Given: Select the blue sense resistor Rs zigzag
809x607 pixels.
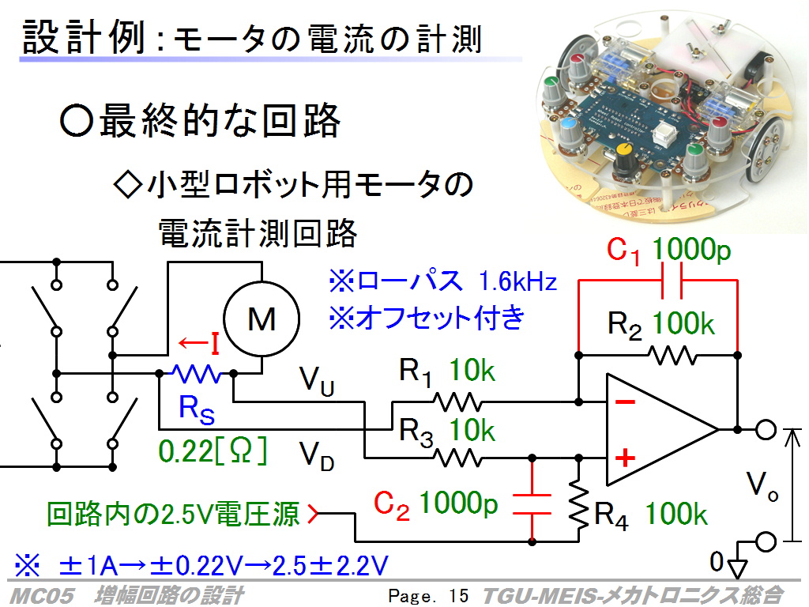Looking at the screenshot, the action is pos(196,373).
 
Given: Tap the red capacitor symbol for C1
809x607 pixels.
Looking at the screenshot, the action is pos(672,281).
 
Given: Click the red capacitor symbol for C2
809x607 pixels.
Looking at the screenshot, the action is pos(532,504).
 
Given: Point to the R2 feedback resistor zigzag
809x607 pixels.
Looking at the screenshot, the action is pos(673,355).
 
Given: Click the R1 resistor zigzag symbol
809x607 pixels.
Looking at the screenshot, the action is pos(457,402).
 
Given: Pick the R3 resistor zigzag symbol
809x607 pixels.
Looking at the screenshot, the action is pos(457,458).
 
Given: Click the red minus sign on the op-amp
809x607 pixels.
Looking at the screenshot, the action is pos(626,402).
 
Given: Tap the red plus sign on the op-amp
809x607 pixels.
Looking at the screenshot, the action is pos(626,458).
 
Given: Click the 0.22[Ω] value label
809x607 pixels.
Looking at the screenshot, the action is pos(213,451).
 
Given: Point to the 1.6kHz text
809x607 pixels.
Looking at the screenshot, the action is pos(517,282).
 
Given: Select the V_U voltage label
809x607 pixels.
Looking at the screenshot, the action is pos(317,381).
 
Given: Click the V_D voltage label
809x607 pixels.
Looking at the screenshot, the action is pos(317,456).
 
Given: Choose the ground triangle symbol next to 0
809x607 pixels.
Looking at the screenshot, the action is pos(738,567).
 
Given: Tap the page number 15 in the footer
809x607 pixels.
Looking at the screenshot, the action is pos(458,596).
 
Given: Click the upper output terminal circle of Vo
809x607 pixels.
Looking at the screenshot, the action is pos(766,429).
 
